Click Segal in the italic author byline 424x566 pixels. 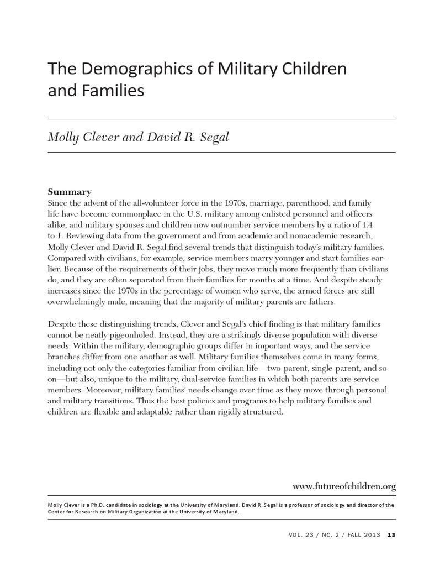point(211,137)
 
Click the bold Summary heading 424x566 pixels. point(70,192)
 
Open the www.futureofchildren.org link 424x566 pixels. point(344,486)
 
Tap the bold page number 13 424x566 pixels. point(391,534)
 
